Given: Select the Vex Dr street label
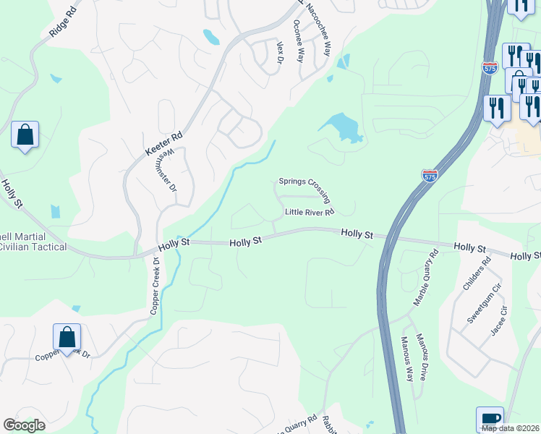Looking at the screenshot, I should [278, 53].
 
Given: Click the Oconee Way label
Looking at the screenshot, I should [297, 41].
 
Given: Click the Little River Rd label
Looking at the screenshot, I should [309, 212].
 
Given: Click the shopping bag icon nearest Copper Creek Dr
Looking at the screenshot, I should [67, 337].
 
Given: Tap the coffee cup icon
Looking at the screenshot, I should [490, 419].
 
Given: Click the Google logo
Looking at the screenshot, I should [24, 425].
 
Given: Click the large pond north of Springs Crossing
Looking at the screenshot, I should [342, 127].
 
